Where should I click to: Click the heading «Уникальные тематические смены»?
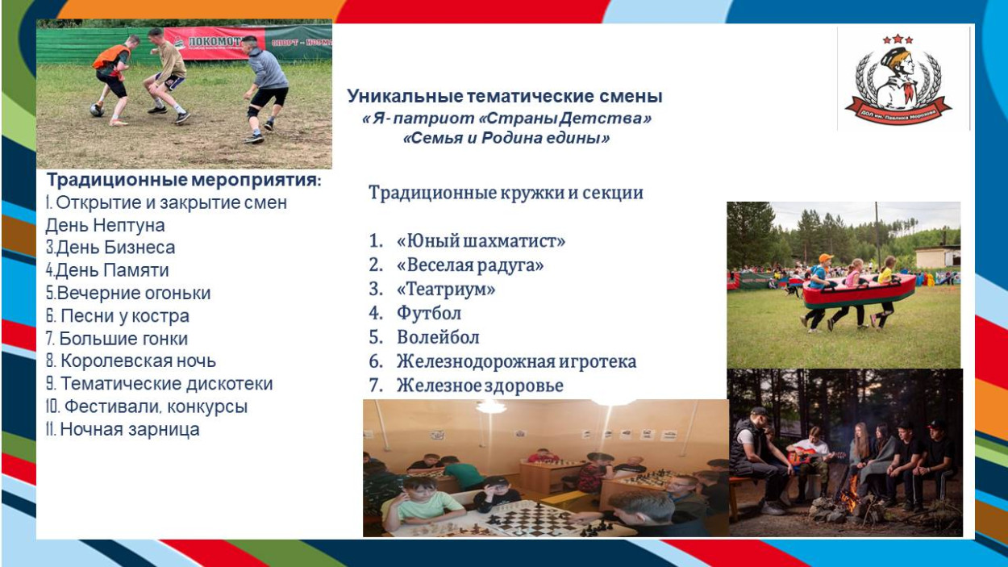coord(505,97)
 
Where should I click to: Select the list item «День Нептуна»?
coord(105,225)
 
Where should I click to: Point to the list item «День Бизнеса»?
coord(110,248)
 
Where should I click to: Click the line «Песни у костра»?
coord(118,316)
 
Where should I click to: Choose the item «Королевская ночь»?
coord(131,361)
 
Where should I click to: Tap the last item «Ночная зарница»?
coord(123,429)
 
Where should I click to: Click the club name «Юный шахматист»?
coord(481,241)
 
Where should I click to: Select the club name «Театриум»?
coord(446,289)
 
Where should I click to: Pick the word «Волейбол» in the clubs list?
coord(438,337)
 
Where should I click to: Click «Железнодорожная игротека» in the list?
coord(516,361)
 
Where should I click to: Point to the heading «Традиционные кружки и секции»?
coord(506,193)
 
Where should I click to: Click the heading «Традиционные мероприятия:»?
coord(184,180)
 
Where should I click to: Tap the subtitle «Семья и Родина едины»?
coord(506,138)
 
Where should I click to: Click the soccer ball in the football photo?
coord(97,110)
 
